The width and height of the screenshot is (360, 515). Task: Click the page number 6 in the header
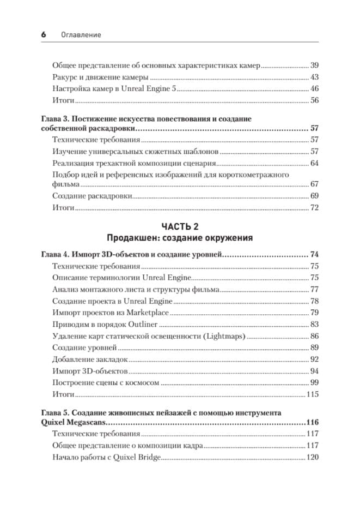coord(43,34)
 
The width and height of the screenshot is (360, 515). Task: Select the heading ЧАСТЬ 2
coord(179,226)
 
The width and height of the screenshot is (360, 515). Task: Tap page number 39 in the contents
coord(314,64)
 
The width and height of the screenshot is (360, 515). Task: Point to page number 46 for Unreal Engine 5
coord(314,88)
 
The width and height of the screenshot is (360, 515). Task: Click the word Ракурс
coord(66,76)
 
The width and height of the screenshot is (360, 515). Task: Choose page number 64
coord(314,163)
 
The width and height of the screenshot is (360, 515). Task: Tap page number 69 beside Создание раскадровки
coord(314,196)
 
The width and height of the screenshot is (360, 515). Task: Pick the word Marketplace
coord(148,313)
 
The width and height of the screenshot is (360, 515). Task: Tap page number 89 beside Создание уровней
coord(314,348)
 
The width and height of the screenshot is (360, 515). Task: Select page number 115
coord(312,394)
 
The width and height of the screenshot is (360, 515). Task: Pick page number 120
coord(312,457)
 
